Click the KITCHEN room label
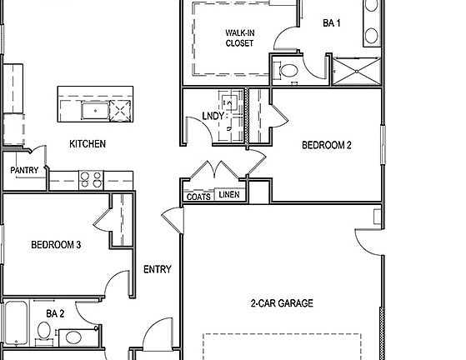click(x=87, y=144)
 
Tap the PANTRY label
click(x=24, y=170)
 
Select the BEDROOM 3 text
click(x=56, y=245)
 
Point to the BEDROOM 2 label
click(x=326, y=145)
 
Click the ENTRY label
click(x=158, y=269)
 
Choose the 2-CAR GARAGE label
click(x=282, y=304)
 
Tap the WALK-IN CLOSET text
click(x=239, y=38)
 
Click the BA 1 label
click(x=331, y=23)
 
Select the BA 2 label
click(x=56, y=314)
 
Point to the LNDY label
click(x=213, y=117)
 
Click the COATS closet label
click(x=198, y=197)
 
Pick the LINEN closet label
click(x=228, y=197)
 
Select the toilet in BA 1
click(x=288, y=68)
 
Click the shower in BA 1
click(x=356, y=70)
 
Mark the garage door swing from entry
click(x=173, y=220)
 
